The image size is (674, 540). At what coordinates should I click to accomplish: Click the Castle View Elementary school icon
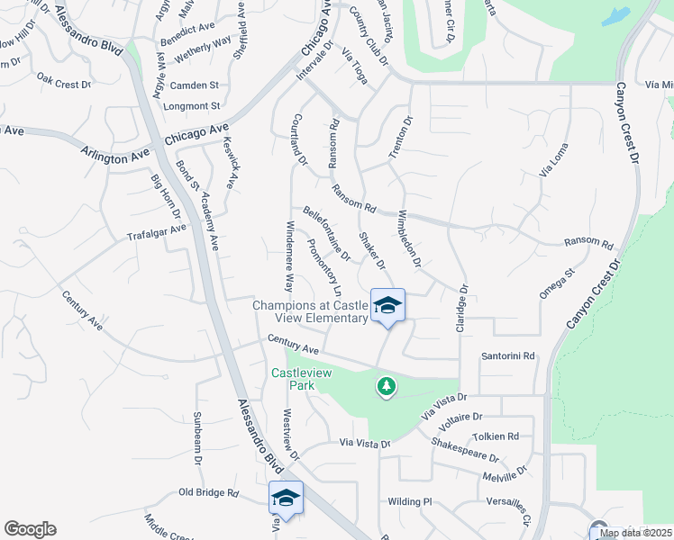coord(387,306)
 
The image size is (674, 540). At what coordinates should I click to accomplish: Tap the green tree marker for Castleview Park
coord(387,386)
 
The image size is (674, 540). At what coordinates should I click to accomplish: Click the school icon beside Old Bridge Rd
coord(286,498)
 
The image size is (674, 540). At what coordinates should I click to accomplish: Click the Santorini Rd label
coord(508,356)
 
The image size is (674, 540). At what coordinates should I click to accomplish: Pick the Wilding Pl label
coord(411,501)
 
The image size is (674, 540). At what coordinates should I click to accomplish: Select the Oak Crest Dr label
coord(64,81)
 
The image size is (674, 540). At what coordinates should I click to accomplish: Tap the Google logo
coord(30,529)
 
